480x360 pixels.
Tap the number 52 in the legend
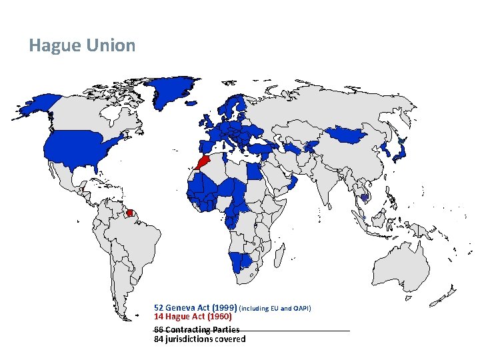(x=159, y=308)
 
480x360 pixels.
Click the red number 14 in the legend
(x=159, y=317)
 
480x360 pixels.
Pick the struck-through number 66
(x=159, y=329)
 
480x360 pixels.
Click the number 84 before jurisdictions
(x=159, y=339)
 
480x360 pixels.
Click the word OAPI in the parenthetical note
(x=301, y=309)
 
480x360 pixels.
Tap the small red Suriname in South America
(x=130, y=213)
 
